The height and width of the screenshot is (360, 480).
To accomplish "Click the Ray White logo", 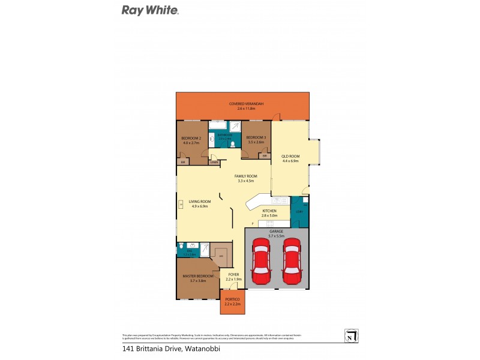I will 150,10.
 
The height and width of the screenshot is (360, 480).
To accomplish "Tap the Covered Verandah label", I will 242,104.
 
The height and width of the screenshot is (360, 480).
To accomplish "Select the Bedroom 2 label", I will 190,139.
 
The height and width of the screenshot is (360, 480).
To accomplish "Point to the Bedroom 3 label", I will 256,139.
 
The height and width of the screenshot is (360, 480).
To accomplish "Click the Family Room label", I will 246,176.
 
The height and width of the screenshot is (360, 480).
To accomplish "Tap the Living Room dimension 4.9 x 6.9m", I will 199,206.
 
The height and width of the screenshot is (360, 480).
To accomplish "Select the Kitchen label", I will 269,211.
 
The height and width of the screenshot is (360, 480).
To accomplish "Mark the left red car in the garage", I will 261,262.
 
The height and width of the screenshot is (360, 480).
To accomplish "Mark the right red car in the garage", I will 292,262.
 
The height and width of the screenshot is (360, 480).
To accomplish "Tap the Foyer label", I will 234,274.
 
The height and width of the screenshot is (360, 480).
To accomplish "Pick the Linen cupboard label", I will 214,162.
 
